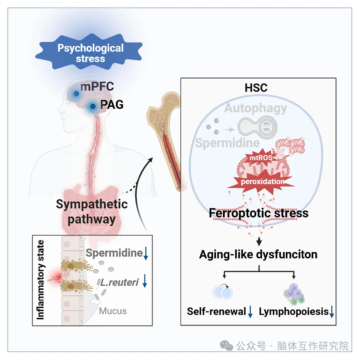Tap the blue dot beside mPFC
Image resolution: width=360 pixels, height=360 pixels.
point(76,93)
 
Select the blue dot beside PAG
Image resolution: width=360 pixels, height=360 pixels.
point(93,106)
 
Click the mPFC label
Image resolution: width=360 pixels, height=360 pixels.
point(97,87)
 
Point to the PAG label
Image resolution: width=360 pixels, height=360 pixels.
point(112,104)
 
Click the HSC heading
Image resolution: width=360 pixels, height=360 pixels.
point(256,88)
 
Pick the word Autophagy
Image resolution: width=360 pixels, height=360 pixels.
point(256,108)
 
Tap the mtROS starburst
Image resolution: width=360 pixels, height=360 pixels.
point(261,157)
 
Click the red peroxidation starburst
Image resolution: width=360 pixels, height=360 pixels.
point(263,181)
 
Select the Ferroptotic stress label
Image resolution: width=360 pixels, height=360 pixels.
point(259,213)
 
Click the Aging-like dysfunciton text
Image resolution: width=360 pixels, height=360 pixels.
point(258,254)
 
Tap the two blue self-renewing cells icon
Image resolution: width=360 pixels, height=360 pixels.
point(223,292)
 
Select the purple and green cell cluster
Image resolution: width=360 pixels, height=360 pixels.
point(294,294)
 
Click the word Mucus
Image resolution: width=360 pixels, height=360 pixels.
point(113,311)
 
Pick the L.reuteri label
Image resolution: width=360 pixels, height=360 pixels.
point(119,282)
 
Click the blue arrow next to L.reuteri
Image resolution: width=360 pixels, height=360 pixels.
point(145,281)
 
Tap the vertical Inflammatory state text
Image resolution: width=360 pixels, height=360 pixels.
point(40,280)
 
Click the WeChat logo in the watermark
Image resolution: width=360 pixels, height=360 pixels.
point(226,346)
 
